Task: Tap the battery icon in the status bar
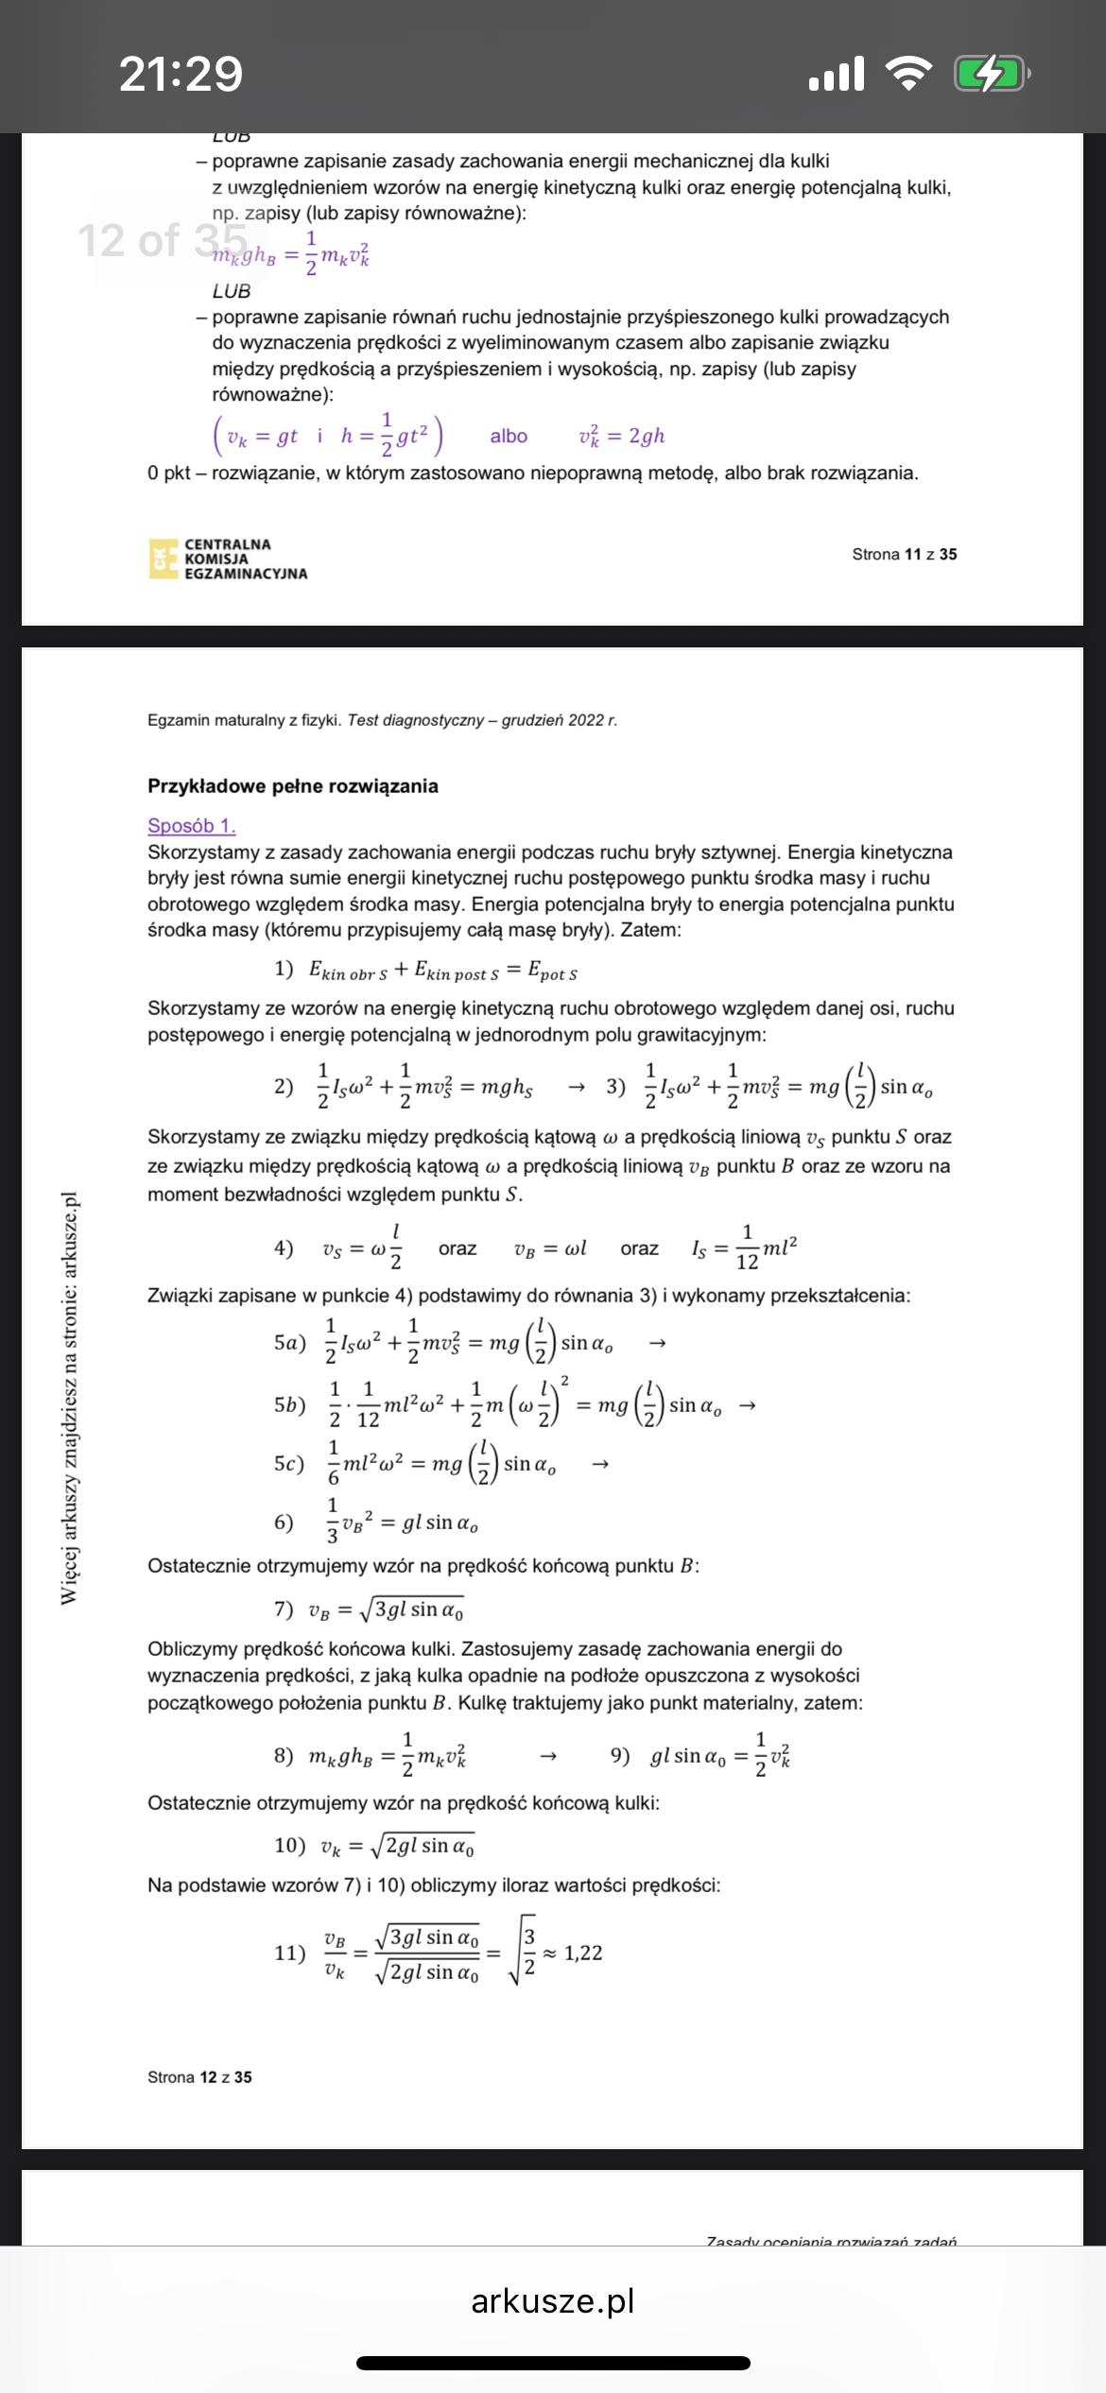991,73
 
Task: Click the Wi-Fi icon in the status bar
907,73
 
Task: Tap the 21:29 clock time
181,74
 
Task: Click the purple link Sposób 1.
191,825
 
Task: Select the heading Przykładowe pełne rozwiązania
292,786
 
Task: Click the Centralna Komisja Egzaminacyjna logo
228,559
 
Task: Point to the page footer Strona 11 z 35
904,554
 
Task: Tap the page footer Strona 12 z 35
199,2076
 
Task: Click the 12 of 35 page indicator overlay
162,240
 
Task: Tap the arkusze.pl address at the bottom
552,2300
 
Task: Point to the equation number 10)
289,1846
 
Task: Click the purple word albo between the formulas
509,436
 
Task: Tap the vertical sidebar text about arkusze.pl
69,1398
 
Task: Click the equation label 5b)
289,1405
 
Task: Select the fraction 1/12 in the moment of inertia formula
747,1248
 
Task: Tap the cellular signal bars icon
837,73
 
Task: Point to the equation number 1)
284,969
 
